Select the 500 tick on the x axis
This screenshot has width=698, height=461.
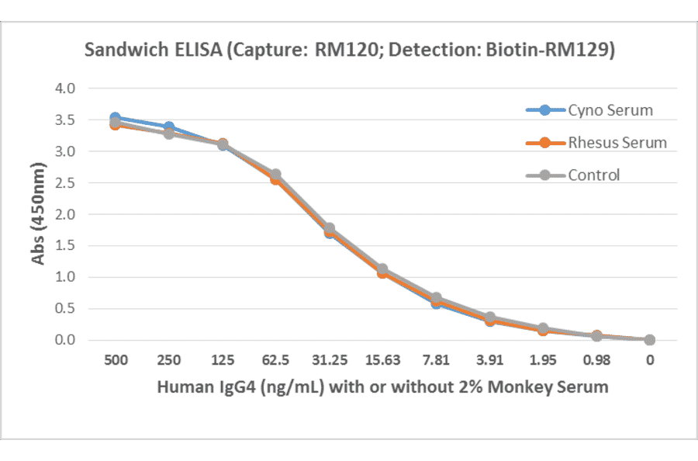tap(115, 360)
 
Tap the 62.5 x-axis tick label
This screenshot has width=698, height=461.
tap(275, 360)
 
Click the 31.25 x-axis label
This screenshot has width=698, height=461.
tap(329, 360)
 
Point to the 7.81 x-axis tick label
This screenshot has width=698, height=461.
tap(436, 360)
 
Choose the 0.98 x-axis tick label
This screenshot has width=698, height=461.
tap(596, 360)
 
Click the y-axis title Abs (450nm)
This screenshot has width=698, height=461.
tap(39, 214)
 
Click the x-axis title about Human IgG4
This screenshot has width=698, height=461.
tap(382, 386)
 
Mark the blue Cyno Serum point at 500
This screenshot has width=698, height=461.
tap(115, 118)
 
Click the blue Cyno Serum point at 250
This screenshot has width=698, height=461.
tap(168, 127)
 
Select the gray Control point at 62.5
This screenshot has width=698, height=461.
tap(275, 175)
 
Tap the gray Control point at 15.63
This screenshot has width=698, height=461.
tap(382, 269)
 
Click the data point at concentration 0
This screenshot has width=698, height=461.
tap(650, 340)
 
